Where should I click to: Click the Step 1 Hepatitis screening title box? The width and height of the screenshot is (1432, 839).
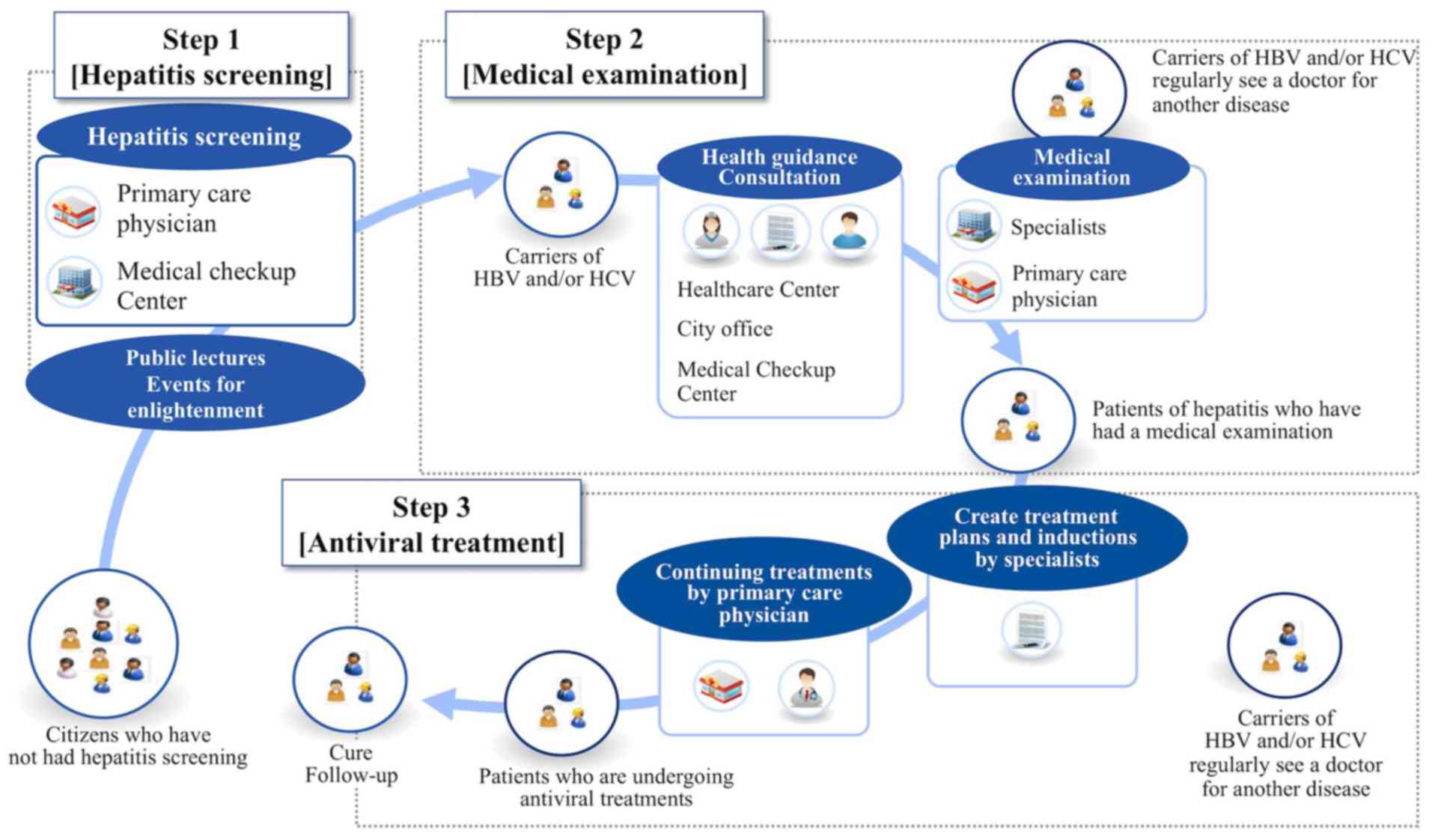pos(201,56)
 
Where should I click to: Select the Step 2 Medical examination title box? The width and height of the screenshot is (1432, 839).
pos(604,56)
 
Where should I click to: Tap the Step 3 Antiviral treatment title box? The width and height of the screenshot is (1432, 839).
pos(431,524)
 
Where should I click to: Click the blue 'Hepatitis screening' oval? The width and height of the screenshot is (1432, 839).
pos(194,136)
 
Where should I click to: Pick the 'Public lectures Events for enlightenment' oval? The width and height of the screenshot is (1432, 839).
pos(195,383)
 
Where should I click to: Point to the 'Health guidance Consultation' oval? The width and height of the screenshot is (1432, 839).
pos(779,167)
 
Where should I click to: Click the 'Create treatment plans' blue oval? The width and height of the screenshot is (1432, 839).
pos(1037,537)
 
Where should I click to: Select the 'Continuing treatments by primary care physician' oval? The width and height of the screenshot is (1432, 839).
pos(764,592)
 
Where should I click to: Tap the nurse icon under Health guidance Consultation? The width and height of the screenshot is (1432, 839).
pos(710,231)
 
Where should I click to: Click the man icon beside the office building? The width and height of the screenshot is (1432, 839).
pos(848,231)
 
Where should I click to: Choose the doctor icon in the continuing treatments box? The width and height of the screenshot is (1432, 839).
pos(805,688)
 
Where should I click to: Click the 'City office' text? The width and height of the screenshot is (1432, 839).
pos(724,329)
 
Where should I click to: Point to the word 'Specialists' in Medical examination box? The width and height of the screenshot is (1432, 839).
pos(1058,227)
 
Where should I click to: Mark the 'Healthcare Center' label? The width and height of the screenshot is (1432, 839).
pos(758,290)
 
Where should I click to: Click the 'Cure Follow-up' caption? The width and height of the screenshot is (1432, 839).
pos(351,763)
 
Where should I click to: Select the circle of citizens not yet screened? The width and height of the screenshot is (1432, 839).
pos(103,644)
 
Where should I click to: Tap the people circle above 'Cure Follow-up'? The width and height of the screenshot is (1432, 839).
pos(350,679)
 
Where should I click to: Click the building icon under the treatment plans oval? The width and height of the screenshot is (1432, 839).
pos(1031,630)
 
